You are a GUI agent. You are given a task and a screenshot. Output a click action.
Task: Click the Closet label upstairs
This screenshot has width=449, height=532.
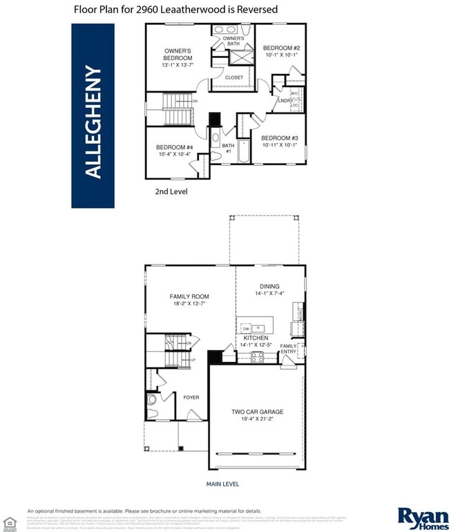(x=234, y=77)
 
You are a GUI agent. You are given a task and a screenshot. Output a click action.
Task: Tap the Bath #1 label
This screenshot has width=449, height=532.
(x=227, y=148)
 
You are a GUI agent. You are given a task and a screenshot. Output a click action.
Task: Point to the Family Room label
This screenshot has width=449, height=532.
(x=189, y=296)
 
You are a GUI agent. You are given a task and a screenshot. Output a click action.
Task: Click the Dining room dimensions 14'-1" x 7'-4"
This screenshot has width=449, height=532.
(x=269, y=293)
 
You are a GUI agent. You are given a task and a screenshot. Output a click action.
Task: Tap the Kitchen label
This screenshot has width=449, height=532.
(x=256, y=338)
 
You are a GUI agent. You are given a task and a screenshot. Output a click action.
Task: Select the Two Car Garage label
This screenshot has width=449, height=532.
(x=257, y=412)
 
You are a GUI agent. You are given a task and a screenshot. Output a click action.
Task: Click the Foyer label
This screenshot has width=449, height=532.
(x=191, y=397)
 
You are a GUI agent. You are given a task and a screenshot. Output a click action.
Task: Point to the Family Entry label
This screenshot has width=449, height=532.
(x=289, y=349)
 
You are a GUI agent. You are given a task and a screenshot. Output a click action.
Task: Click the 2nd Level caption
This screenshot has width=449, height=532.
(x=171, y=191)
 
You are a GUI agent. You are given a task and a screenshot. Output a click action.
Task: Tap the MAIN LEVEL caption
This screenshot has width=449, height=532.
(x=223, y=484)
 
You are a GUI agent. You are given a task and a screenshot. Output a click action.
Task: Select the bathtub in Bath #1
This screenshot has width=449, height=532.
(x=244, y=150)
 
